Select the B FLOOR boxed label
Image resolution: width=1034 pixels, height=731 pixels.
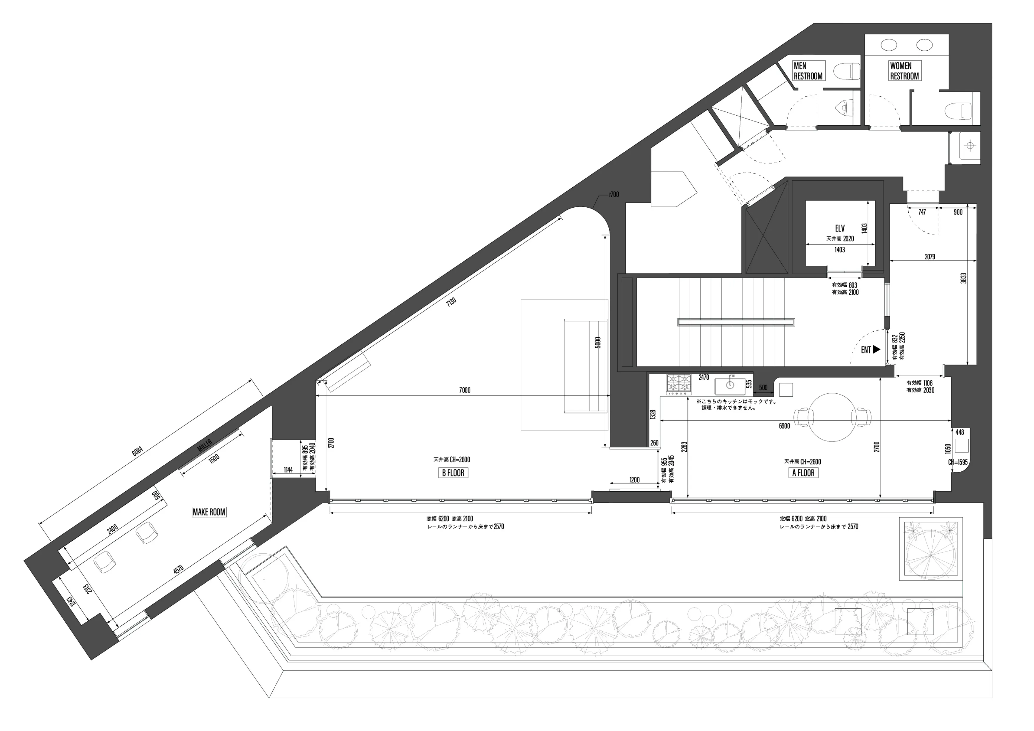pos(453,473)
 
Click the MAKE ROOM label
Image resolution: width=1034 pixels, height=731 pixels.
pos(209,512)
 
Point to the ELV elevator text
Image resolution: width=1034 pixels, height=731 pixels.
pos(840,228)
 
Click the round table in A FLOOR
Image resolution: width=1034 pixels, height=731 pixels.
pos(832,417)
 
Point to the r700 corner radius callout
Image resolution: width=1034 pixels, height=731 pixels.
pos(614,195)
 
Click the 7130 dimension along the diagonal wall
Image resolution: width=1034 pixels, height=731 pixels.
pos(451,302)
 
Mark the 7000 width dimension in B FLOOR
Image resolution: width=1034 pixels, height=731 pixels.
pos(465,390)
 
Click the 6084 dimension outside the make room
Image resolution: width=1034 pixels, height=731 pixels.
pos(137,451)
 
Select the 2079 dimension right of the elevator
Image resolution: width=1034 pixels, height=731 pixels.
pos(930,257)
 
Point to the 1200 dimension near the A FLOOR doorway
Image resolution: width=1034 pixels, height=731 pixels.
pos(635,480)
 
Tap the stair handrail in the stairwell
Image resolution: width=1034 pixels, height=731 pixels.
pos(736,322)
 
